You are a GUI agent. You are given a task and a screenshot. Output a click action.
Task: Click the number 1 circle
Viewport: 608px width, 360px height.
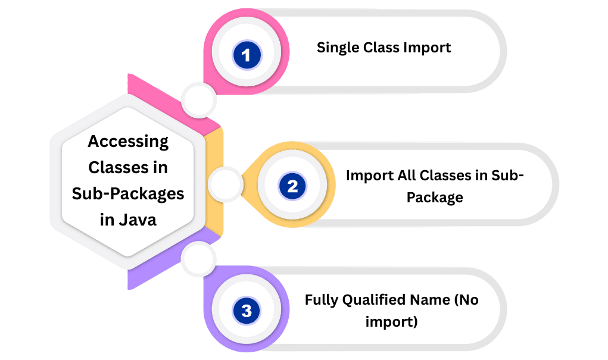[247, 56]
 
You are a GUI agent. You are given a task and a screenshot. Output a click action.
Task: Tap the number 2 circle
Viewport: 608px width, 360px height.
[292, 187]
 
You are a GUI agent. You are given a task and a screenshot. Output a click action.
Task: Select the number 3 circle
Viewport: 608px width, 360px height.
[247, 311]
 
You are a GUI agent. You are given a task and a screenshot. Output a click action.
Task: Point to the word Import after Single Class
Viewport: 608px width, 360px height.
[429, 48]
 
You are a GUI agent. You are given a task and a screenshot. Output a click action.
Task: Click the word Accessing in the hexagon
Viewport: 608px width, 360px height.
[128, 142]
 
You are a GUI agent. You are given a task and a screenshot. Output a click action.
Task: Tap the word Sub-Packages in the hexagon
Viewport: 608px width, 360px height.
[128, 193]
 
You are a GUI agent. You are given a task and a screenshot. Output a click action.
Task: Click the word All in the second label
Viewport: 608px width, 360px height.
[406, 176]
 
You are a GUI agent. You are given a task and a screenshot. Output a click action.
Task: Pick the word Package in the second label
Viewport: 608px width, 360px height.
[435, 198]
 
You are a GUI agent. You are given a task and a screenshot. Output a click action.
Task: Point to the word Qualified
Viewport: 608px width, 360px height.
[376, 300]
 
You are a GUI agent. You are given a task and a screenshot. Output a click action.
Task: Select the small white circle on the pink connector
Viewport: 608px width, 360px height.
[198, 100]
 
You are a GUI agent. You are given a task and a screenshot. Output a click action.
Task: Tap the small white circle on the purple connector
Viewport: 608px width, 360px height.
[198, 259]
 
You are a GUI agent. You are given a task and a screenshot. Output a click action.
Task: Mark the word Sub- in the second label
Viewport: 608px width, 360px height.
[507, 176]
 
